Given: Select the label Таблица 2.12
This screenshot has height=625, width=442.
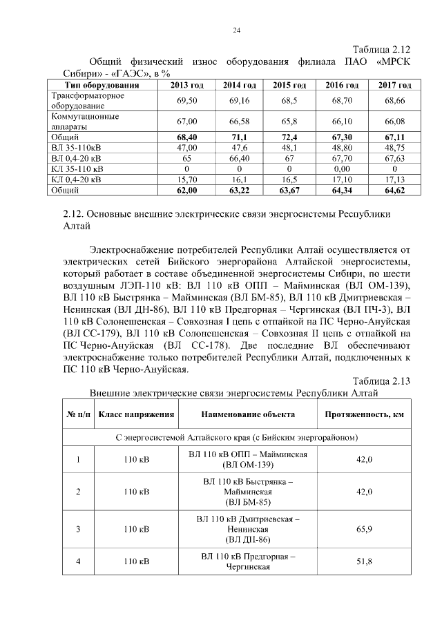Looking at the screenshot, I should tap(381, 50).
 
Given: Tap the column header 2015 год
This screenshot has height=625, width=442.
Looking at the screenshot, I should tap(289, 85).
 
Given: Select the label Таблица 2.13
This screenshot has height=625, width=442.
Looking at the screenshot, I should tap(381, 381).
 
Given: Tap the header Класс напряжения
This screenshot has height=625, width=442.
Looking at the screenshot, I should tap(135, 414).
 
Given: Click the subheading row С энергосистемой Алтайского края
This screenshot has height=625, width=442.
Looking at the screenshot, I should tap(236, 438).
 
